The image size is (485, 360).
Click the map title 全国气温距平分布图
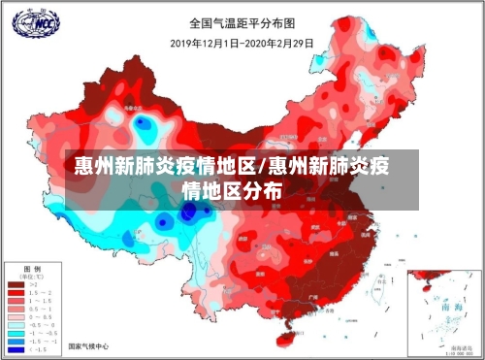242,20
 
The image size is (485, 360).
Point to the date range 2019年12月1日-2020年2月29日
242,43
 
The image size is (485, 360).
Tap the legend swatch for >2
16,285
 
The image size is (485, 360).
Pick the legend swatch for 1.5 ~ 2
16,294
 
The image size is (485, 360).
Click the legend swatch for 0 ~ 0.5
16,316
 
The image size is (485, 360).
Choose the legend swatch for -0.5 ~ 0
16,324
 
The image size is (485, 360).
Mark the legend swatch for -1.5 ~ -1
16,340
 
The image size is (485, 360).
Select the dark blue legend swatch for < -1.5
16,347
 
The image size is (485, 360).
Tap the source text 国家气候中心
88,346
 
